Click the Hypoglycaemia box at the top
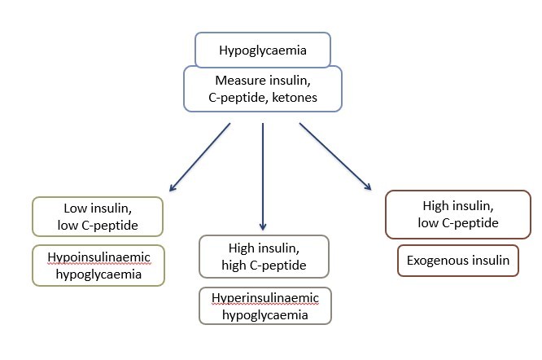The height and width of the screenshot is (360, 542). click(x=262, y=50)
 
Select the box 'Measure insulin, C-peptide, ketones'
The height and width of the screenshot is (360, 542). click(x=262, y=89)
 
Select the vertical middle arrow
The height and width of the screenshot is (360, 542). click(x=263, y=175)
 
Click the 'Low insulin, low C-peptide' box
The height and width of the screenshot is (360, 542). click(x=97, y=215)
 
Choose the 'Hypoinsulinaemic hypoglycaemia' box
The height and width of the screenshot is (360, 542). click(x=98, y=265)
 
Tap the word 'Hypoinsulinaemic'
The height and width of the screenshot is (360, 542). click(x=98, y=257)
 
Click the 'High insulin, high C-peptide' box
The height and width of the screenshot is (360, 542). click(x=263, y=257)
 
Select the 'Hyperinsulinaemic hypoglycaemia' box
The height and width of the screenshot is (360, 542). click(x=264, y=306)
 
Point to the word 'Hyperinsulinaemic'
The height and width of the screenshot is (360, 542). click(x=264, y=298)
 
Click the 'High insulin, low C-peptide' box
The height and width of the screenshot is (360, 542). click(x=460, y=214)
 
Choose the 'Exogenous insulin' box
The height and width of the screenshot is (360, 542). click(x=457, y=261)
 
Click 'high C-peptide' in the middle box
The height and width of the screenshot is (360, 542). click(x=263, y=265)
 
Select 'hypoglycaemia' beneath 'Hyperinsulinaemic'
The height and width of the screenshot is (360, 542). click(x=264, y=314)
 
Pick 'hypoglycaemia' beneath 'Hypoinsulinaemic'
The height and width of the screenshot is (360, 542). click(x=98, y=274)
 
